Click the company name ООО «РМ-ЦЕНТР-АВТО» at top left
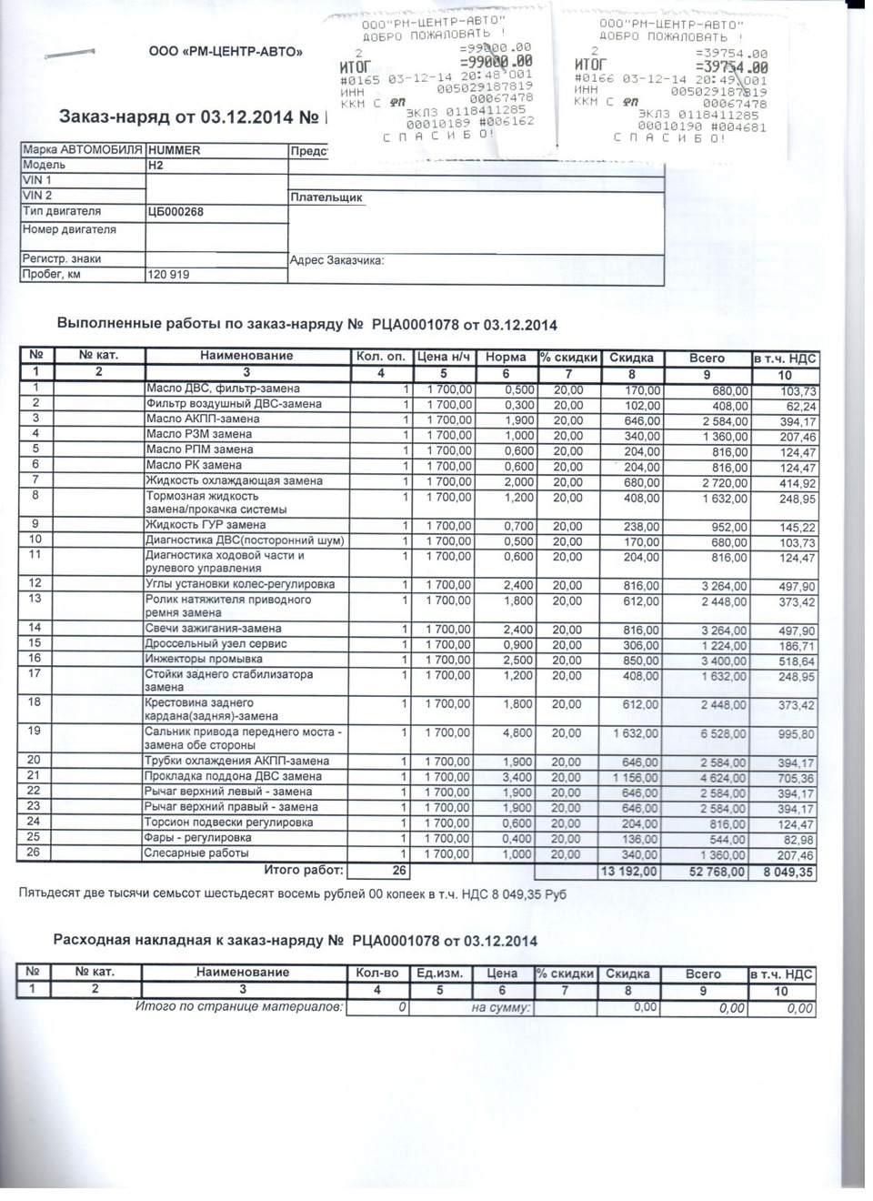tap(226, 52)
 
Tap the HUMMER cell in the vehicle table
tap(175, 150)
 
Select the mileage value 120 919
tap(169, 274)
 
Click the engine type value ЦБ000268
tap(176, 212)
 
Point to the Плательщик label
tap(326, 197)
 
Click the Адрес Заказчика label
tap(336, 260)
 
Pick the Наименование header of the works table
tap(246, 357)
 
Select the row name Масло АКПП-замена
tap(203, 419)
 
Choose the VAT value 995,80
tap(796, 734)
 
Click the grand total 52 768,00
tap(715, 873)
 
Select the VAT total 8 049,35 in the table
tap(787, 873)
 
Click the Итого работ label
tap(304, 871)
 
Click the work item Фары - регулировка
tap(199, 838)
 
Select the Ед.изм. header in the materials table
tap(440, 974)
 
